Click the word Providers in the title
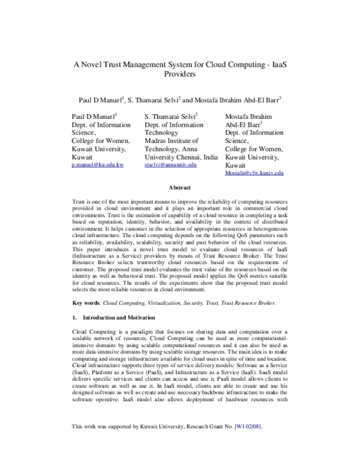(181, 76)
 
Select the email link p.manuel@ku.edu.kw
(97, 164)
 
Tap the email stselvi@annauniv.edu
(171, 164)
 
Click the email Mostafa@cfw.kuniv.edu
(254, 172)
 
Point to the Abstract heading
(180, 187)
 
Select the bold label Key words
(86, 304)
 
